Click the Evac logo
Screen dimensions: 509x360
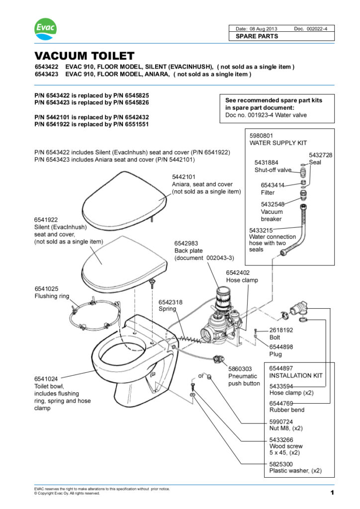(45, 29)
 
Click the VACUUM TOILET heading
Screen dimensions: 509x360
(84, 56)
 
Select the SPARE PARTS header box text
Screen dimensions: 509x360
(257, 36)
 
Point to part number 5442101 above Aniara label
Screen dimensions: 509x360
(183, 177)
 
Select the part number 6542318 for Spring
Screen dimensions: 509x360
(170, 302)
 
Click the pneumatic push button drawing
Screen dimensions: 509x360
(217, 359)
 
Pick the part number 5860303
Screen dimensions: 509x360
(240, 369)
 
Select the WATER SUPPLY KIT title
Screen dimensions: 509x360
(278, 143)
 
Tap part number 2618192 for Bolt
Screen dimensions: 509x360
(281, 330)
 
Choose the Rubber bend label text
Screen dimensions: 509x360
(286, 410)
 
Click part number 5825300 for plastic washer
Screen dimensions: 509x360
(281, 463)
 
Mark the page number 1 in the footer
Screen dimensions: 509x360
(331, 493)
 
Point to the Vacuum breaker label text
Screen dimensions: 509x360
(271, 215)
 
